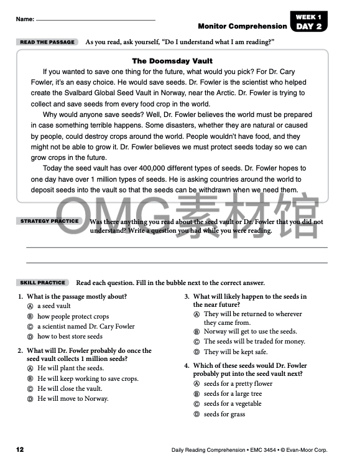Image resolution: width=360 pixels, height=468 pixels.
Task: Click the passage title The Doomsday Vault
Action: point(173,61)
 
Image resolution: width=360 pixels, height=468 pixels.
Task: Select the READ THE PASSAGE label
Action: point(47,42)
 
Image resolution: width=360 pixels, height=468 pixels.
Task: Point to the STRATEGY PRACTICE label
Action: point(50,221)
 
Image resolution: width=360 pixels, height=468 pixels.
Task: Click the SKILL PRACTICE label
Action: point(42,283)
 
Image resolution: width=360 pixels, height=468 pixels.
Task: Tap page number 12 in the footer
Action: point(20,449)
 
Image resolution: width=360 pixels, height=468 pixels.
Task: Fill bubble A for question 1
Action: point(30,306)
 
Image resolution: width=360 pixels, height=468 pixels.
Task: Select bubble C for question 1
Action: point(30,327)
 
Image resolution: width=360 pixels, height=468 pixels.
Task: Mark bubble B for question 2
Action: point(30,378)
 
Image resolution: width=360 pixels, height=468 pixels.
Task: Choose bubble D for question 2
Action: point(30,399)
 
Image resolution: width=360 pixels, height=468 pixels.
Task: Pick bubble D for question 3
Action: point(196,352)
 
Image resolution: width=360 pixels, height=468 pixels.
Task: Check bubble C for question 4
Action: point(196,404)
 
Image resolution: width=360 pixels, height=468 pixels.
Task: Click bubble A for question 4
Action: point(196,384)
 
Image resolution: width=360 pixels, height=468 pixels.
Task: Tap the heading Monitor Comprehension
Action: point(242,26)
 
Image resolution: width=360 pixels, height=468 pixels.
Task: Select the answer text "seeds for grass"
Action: point(224,414)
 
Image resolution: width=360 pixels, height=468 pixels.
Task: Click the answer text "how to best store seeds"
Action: point(70,337)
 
